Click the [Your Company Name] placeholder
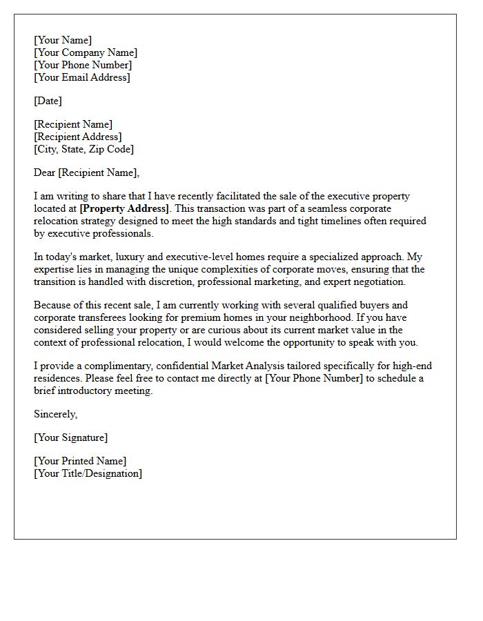click(x=86, y=53)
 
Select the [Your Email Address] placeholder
click(x=81, y=78)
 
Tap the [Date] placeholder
click(x=48, y=101)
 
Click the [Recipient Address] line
click(x=77, y=137)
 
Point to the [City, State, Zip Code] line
click(x=83, y=150)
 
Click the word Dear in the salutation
click(x=45, y=173)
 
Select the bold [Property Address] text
click(x=124, y=208)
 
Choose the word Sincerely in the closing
click(x=55, y=415)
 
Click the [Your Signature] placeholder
click(x=70, y=438)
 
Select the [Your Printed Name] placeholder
click(x=80, y=462)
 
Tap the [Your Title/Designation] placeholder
click(x=88, y=474)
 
